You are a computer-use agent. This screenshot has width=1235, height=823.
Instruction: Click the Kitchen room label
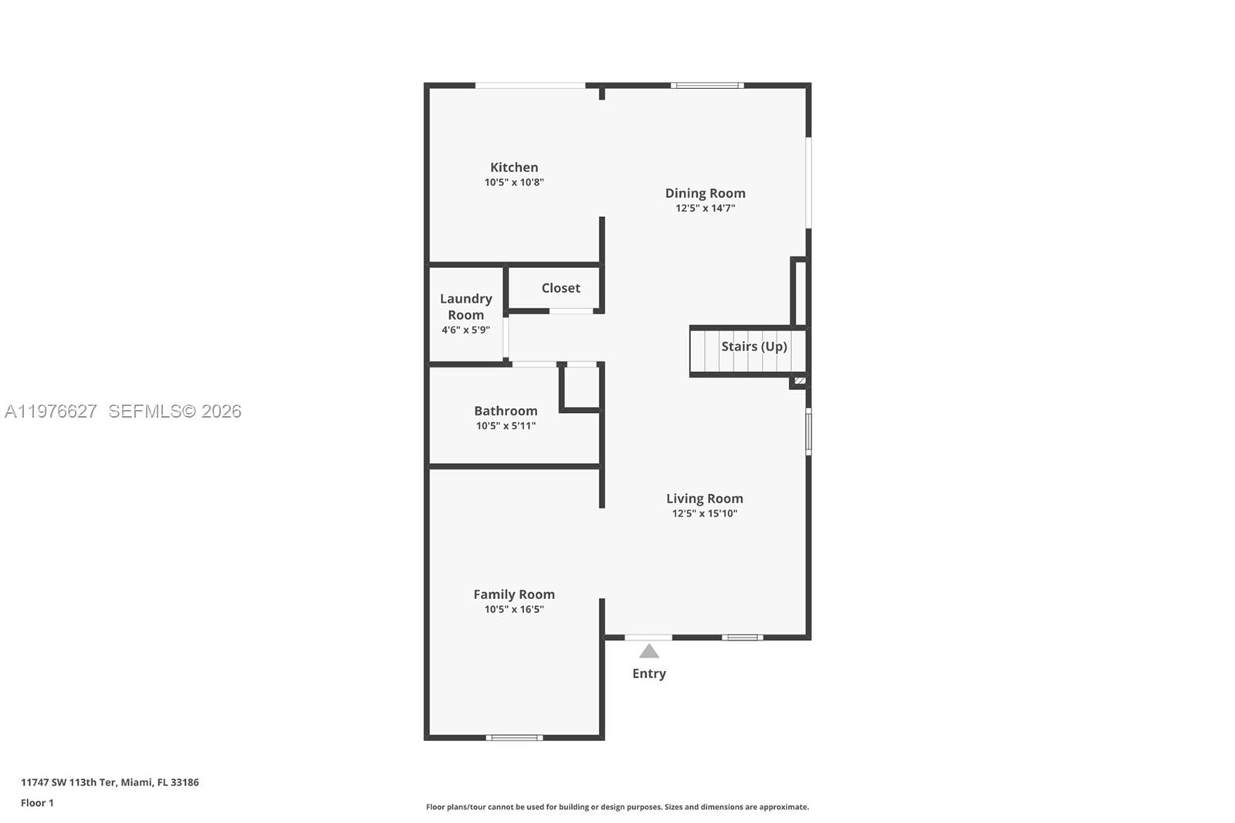[514, 167]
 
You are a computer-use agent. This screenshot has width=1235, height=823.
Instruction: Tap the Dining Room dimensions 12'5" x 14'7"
[705, 208]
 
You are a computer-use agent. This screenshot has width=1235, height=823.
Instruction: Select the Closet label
[560, 288]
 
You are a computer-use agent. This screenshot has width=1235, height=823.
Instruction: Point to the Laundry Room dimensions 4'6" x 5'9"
[465, 330]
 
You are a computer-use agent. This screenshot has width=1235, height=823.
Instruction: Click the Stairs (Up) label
[753, 346]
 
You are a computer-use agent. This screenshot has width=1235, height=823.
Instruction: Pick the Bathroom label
[506, 411]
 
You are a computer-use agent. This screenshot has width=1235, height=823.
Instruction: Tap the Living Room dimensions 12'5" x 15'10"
[704, 513]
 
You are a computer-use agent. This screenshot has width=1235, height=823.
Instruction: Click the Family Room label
[514, 594]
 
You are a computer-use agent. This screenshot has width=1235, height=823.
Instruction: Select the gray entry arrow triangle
[649, 652]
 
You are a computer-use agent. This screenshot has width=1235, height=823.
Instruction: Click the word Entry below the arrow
[648, 673]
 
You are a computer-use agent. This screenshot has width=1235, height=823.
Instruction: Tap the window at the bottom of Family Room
[514, 737]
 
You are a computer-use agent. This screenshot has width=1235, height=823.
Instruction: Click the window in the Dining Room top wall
[707, 85]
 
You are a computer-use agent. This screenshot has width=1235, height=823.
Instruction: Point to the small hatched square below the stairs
[800, 381]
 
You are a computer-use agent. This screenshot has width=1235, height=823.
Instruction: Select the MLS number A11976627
[51, 411]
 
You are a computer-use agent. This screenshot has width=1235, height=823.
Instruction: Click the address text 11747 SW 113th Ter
[69, 782]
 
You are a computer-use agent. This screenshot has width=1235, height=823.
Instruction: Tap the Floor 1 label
[37, 803]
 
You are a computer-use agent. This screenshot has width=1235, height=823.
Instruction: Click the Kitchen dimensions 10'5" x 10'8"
[514, 183]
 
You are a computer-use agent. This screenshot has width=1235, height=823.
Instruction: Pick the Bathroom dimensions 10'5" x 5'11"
[506, 426]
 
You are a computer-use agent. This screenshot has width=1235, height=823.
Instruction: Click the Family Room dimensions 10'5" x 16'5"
[514, 609]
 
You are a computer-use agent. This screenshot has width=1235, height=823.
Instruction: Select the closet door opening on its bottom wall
[570, 311]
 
